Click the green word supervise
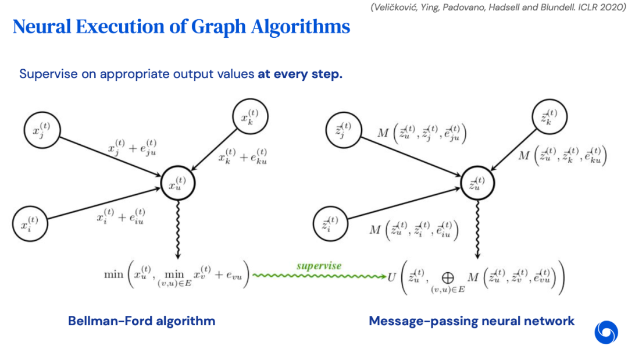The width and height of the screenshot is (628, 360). pos(319,266)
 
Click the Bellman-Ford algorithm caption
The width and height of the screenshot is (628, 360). pos(141,320)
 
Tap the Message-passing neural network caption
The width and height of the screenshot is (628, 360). pos(472,320)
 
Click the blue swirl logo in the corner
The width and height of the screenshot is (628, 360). pos(605,332)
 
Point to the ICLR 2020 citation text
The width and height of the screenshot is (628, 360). pos(600,7)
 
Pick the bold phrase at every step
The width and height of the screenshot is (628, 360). pos(300,74)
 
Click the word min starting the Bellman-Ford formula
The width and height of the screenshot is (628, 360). pos(113,274)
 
